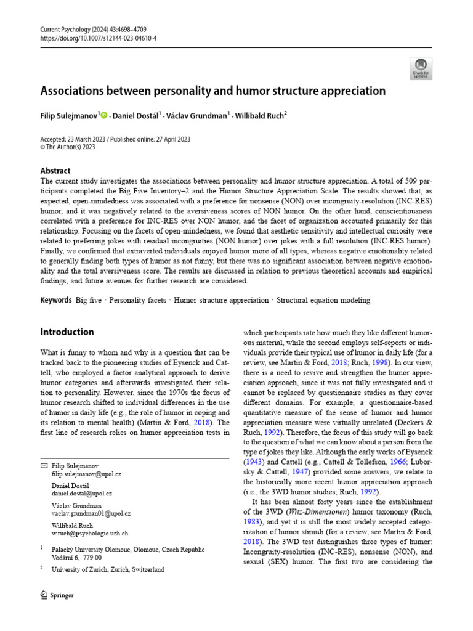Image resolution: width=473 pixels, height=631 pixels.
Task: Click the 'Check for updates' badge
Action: pyautogui.click(x=421, y=68)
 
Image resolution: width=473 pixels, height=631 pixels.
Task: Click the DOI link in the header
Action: pyautogui.click(x=99, y=38)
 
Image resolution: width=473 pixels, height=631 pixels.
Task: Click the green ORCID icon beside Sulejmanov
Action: pyautogui.click(x=103, y=115)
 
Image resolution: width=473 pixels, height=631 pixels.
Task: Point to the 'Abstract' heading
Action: pyautogui.click(x=55, y=171)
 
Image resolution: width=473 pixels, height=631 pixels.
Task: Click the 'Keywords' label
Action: pyautogui.click(x=55, y=301)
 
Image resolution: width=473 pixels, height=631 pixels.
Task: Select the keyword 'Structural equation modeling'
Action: pyautogui.click(x=323, y=301)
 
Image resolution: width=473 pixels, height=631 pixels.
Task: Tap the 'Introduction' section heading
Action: pyautogui.click(x=67, y=332)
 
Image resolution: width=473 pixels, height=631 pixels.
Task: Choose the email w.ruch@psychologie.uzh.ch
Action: pyautogui.click(x=90, y=533)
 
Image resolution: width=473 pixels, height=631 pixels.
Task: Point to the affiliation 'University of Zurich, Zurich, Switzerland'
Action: pyautogui.click(x=108, y=570)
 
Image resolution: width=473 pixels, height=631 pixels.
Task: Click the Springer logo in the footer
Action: pyautogui.click(x=57, y=595)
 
